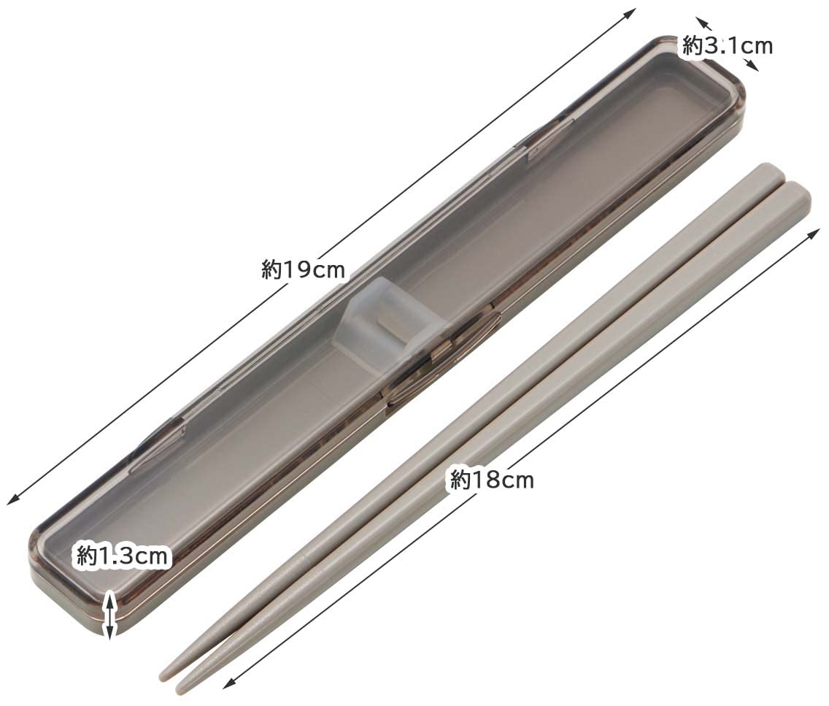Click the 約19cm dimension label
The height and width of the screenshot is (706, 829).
pyautogui.click(x=303, y=270)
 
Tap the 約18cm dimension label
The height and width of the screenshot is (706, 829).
pyautogui.click(x=492, y=480)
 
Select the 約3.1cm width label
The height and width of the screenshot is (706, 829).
pyautogui.click(x=728, y=47)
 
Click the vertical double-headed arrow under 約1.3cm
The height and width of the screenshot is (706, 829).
pyautogui.click(x=109, y=615)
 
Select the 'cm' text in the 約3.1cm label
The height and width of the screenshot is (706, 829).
pyautogui.click(x=756, y=47)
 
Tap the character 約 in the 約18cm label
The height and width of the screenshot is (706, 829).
pyautogui.click(x=460, y=480)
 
